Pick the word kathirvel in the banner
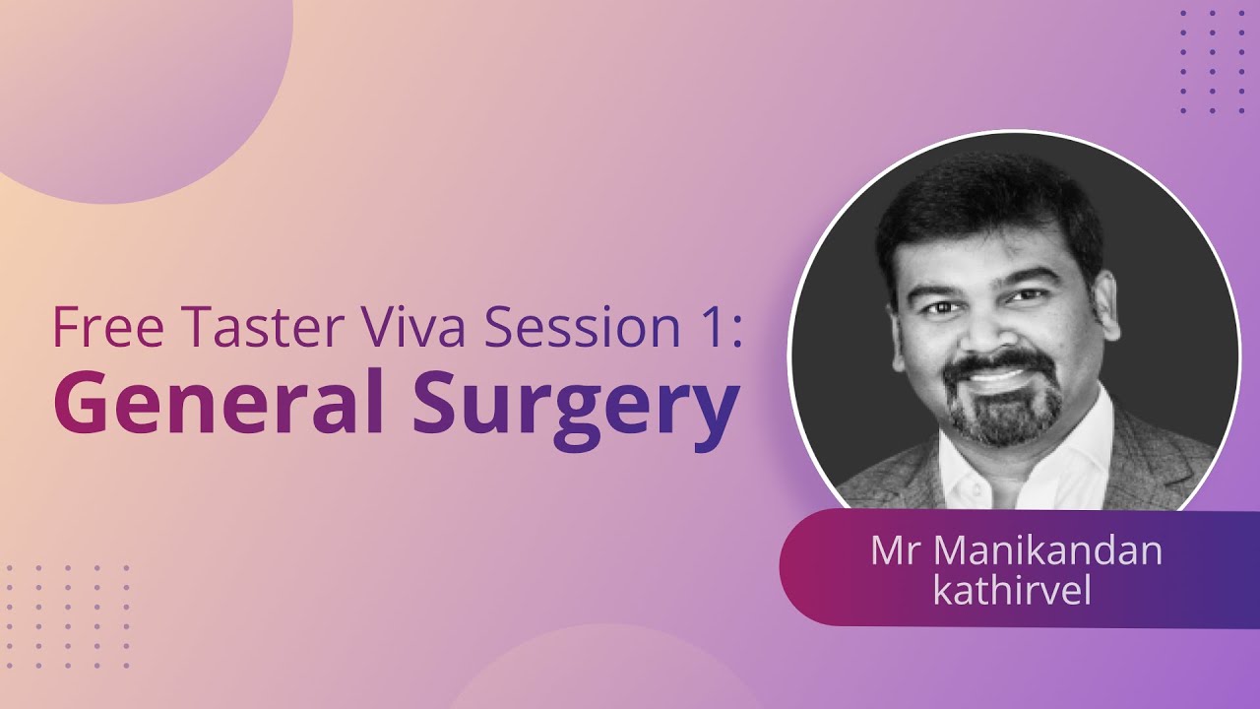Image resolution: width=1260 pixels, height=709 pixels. tap(1014, 592)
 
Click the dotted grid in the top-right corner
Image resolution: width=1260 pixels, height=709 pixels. tap(1212, 62)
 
